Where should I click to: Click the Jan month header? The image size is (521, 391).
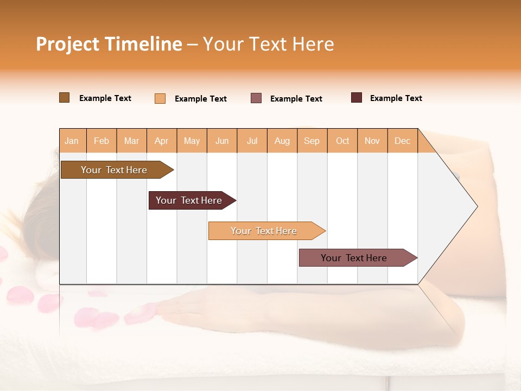[x=72, y=141]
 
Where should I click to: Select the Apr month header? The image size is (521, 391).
[x=162, y=141]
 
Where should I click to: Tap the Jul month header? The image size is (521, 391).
[x=252, y=141]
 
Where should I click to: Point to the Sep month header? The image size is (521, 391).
[x=312, y=141]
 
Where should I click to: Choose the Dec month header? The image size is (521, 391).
[x=402, y=141]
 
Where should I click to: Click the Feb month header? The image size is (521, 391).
[x=101, y=141]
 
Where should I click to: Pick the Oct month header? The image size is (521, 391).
[x=342, y=141]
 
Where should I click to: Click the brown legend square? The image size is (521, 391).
[x=64, y=98]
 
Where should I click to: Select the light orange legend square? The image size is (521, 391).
[x=160, y=98]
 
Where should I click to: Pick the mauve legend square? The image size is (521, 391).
[x=256, y=98]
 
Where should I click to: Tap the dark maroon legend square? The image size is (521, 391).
[x=357, y=98]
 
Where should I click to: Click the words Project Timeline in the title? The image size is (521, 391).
[x=109, y=44]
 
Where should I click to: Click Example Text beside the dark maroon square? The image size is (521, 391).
[x=396, y=98]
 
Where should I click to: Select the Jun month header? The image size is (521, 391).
[x=222, y=141]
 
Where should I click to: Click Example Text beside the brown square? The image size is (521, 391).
[x=105, y=98]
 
